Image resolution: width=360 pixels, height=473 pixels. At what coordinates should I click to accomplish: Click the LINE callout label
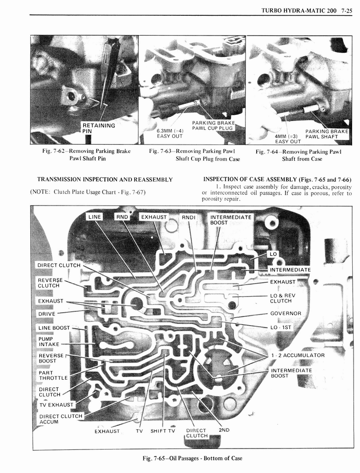[95, 217]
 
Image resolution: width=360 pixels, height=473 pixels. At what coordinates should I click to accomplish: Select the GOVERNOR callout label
[285, 313]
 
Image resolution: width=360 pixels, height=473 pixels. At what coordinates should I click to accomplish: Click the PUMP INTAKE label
[48, 341]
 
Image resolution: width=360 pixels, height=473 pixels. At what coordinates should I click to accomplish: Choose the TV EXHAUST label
[56, 405]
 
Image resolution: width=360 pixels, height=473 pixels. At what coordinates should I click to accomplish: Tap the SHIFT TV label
[163, 431]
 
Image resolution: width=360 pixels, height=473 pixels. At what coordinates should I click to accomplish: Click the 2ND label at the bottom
[224, 430]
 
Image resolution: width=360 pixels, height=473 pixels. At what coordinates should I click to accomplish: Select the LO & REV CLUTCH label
[282, 298]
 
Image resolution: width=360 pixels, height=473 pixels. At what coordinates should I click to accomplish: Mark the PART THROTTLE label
[53, 375]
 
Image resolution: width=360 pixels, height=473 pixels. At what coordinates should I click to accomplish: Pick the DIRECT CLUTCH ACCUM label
[60, 418]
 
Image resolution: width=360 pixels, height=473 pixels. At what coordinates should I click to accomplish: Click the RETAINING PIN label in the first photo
[98, 128]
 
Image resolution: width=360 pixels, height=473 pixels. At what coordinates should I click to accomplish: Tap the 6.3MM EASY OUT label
[170, 133]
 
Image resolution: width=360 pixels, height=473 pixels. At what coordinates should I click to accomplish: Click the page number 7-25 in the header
[344, 10]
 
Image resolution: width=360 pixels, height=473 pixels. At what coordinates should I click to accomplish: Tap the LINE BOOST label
[54, 328]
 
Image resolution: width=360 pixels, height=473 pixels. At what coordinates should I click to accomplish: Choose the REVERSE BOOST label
[51, 358]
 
